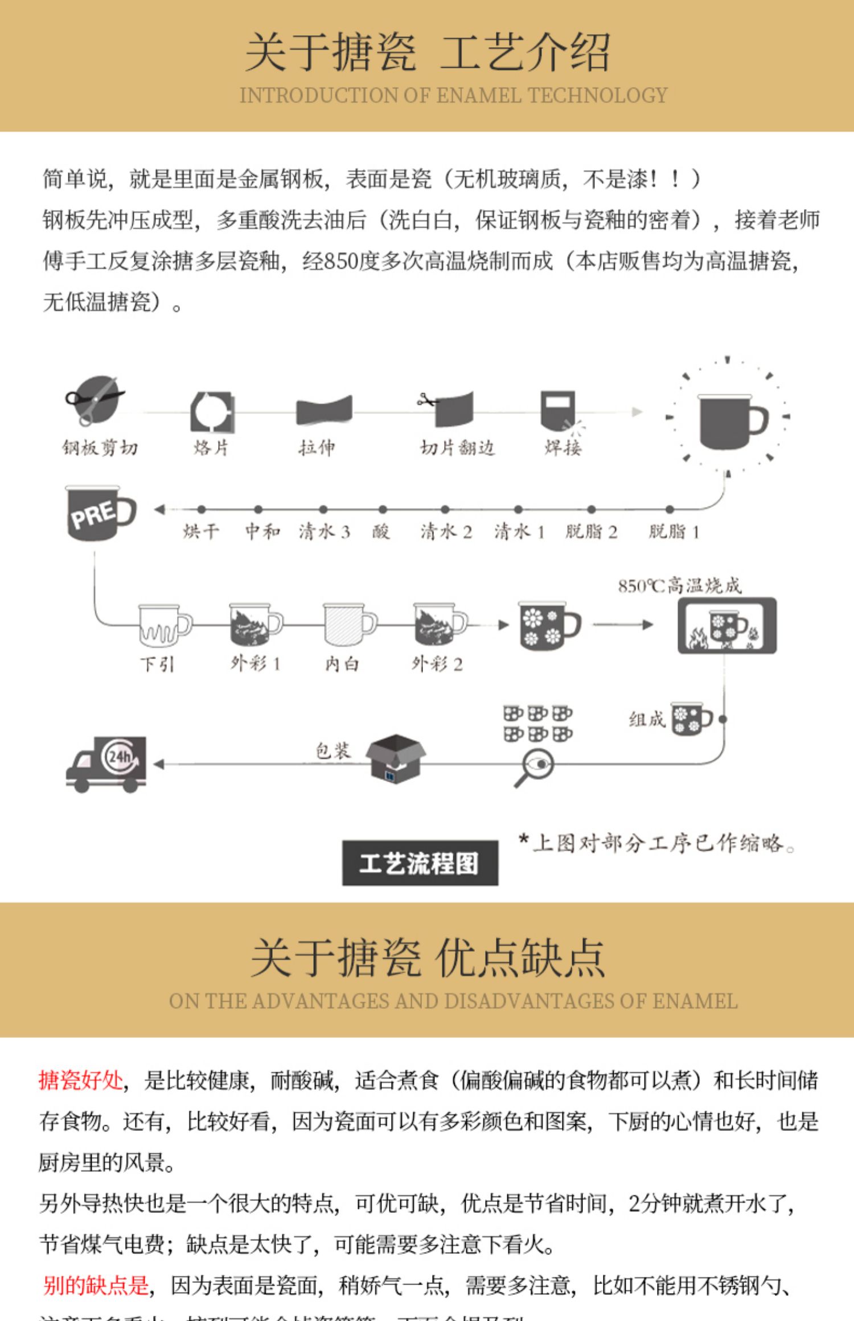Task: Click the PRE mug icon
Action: pyautogui.click(x=101, y=513)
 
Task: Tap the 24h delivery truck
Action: pyautogui.click(x=107, y=763)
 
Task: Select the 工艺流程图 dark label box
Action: pyautogui.click(x=420, y=862)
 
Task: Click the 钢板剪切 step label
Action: pyautogui.click(x=100, y=448)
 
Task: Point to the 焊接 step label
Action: pyautogui.click(x=563, y=448)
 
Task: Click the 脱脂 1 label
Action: pyautogui.click(x=674, y=531)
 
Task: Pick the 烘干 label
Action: pyautogui.click(x=200, y=531)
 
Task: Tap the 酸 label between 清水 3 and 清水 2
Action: pyautogui.click(x=381, y=531)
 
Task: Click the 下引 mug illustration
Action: pyautogui.click(x=163, y=625)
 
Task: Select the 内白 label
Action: pyautogui.click(x=342, y=663)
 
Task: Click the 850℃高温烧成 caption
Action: pyautogui.click(x=680, y=585)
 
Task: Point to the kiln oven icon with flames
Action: pyautogui.click(x=726, y=625)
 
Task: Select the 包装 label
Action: pyautogui.click(x=333, y=751)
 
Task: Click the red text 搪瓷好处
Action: pyautogui.click(x=81, y=1080)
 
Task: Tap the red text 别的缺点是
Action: pyautogui.click(x=96, y=1285)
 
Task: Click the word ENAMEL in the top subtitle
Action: pyautogui.click(x=478, y=96)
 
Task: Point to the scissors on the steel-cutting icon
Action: pyautogui.click(x=91, y=398)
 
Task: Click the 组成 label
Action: pyautogui.click(x=647, y=719)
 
